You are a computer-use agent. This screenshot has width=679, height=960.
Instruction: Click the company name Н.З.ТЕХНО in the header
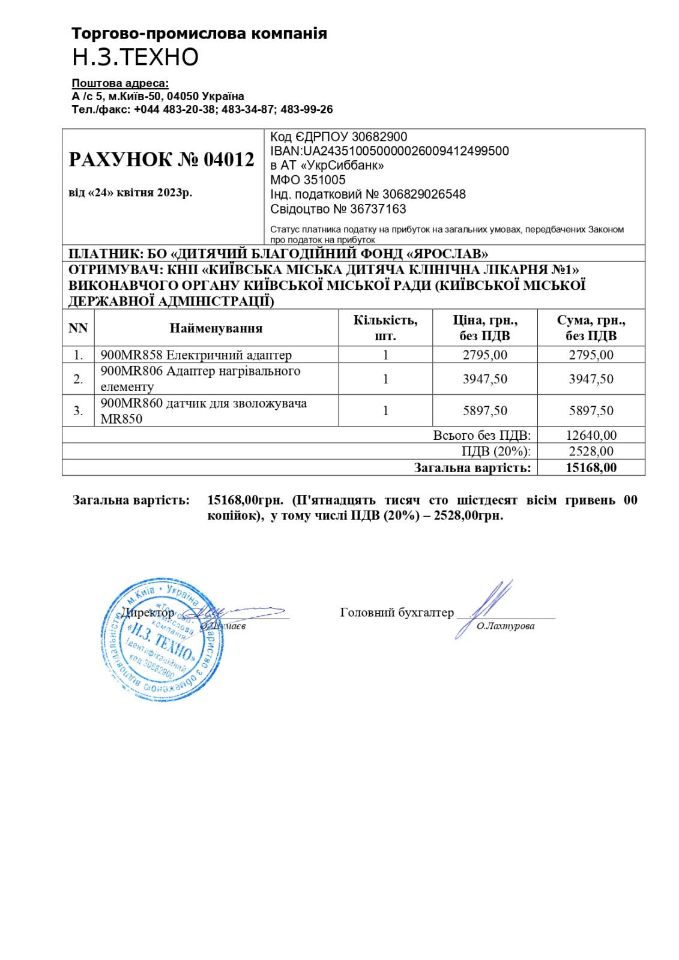[135, 57]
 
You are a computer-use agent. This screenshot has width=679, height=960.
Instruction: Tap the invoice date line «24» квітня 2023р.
[130, 193]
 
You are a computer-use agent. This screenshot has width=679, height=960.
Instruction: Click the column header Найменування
[216, 328]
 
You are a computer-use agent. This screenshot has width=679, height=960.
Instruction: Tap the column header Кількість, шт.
[385, 328]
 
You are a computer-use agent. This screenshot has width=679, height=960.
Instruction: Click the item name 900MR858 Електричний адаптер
[196, 355]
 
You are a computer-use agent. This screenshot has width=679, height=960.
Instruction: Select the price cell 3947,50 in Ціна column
[485, 379]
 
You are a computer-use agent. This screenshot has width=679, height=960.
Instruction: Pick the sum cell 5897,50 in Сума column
[591, 411]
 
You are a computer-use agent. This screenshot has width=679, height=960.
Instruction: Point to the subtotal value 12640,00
[591, 435]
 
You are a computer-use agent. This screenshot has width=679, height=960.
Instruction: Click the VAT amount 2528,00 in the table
[591, 451]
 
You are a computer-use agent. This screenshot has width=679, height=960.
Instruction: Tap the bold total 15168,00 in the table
[591, 468]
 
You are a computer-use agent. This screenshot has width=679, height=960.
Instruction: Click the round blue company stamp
[162, 640]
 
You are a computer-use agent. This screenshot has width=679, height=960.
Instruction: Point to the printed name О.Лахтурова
[505, 626]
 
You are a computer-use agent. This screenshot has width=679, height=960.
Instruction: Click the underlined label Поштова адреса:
[120, 83]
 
